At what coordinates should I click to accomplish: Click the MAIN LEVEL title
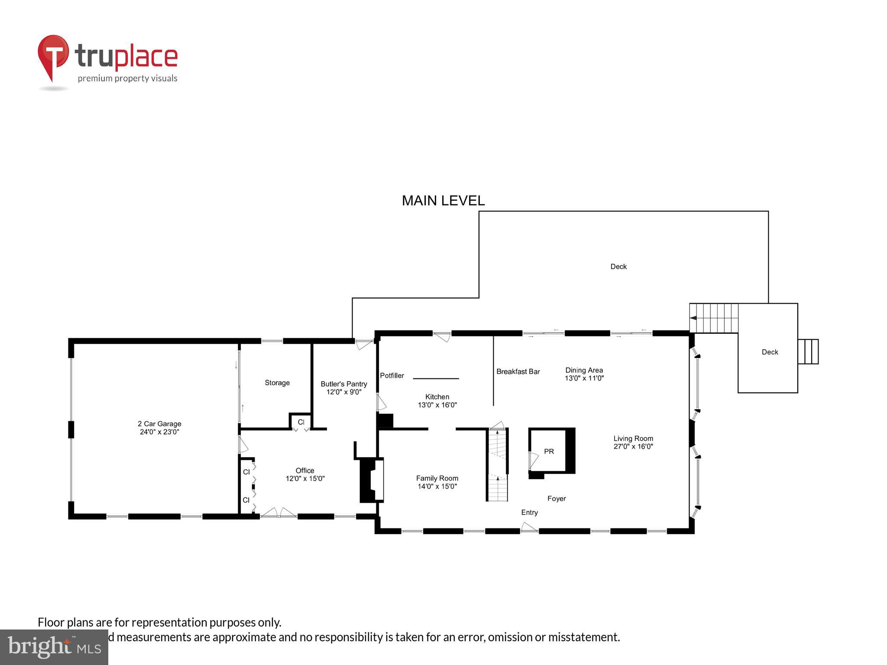(x=443, y=200)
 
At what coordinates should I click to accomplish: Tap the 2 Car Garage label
(x=159, y=428)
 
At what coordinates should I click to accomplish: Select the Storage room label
(x=277, y=383)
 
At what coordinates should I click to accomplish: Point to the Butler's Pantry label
(x=343, y=387)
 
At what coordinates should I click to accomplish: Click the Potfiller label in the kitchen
(x=392, y=375)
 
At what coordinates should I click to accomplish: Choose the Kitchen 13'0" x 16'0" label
(x=437, y=400)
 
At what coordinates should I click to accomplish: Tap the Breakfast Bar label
(x=518, y=371)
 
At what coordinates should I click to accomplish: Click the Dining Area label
(x=584, y=374)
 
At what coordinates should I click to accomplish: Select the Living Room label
(x=633, y=442)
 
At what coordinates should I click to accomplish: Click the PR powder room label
(x=549, y=451)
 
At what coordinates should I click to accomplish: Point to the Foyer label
(x=557, y=498)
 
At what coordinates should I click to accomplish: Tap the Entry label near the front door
(x=529, y=512)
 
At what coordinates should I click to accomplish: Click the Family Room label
(x=437, y=482)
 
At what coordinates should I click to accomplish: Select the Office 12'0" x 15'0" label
(x=305, y=474)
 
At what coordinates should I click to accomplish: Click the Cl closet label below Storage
(x=301, y=422)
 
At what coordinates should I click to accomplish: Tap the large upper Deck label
(x=618, y=266)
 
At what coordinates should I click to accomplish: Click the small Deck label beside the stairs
(x=770, y=352)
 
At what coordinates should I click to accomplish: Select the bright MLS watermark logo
(x=54, y=647)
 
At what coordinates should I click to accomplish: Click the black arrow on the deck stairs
(x=693, y=318)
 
